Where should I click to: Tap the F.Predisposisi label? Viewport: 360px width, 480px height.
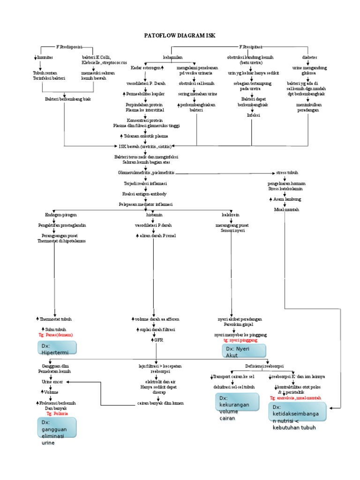(x=69, y=47)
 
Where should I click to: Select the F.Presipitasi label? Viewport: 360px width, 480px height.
(x=251, y=47)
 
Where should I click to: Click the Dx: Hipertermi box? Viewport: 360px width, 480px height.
(x=57, y=348)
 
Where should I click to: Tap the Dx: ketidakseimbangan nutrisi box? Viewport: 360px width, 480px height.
(x=298, y=417)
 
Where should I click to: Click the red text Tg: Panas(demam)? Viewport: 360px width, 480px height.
(x=55, y=335)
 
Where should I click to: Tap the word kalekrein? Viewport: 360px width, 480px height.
(x=231, y=215)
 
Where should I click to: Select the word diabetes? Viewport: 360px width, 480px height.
(x=309, y=57)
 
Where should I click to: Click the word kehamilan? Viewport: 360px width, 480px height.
(x=172, y=57)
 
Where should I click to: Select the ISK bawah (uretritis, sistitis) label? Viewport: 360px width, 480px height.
(x=145, y=146)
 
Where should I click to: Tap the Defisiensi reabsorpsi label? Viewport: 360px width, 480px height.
(x=264, y=366)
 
